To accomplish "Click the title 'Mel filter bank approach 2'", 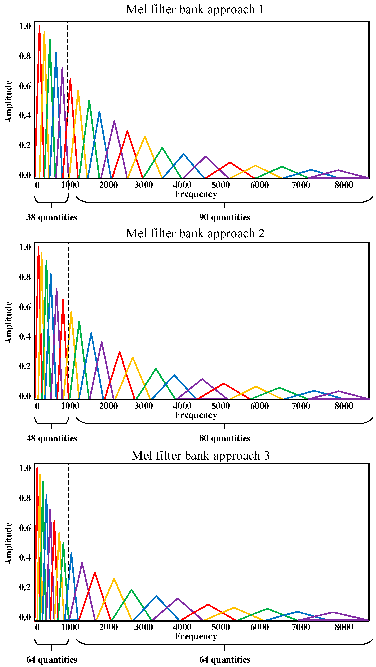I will pyautogui.click(x=195, y=233).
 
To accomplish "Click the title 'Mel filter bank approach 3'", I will pyautogui.click(x=200, y=456).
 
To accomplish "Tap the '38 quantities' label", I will pyautogui.click(x=52, y=217).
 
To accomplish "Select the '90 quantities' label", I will pyautogui.click(x=224, y=217).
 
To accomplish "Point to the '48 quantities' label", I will pyautogui.click(x=52, y=438).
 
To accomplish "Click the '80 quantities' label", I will pyautogui.click(x=224, y=438).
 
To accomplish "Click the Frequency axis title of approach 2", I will pyautogui.click(x=196, y=415).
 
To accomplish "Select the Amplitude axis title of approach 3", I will pyautogui.click(x=8, y=544).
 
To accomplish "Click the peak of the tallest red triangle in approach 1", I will pyautogui.click(x=39, y=26).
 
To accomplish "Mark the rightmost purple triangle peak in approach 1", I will pyautogui.click(x=338, y=170).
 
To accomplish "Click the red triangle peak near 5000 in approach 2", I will pyautogui.click(x=224, y=383).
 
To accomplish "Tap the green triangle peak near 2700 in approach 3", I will pyautogui.click(x=132, y=590).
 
